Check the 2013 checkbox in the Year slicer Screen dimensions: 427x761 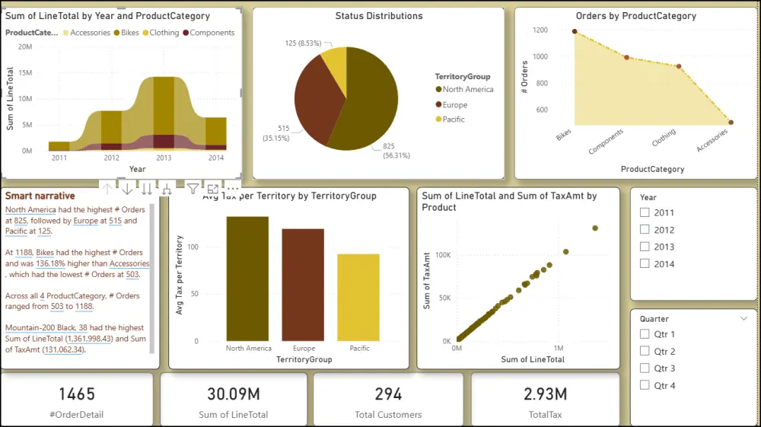[x=645, y=247]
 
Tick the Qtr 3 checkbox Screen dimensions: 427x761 [x=645, y=368]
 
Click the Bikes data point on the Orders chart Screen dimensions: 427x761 [x=575, y=32]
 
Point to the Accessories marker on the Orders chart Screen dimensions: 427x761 [x=731, y=122]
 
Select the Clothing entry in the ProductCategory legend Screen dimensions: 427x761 [x=159, y=33]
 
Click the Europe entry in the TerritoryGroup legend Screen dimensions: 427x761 [x=454, y=105]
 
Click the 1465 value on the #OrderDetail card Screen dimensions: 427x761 [x=77, y=394]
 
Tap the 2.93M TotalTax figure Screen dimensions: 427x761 [x=544, y=394]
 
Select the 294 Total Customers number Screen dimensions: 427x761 [x=388, y=394]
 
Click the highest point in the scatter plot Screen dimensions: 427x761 [x=595, y=228]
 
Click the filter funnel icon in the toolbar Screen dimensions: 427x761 [x=193, y=189]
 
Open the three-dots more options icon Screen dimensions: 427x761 [x=233, y=189]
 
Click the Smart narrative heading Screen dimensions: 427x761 [x=40, y=196]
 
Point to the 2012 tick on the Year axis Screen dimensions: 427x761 [x=111, y=158]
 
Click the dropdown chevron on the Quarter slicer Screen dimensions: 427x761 [x=743, y=319]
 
